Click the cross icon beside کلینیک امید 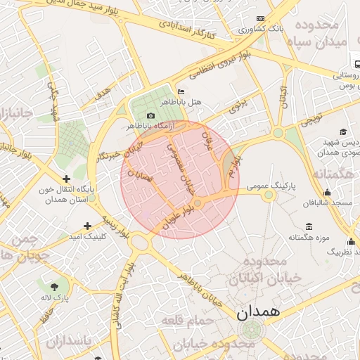click(x=87, y=226)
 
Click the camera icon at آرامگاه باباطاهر click(x=150, y=116)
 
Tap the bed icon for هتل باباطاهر click(x=181, y=92)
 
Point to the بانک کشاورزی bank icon click(x=260, y=19)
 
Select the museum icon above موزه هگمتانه click(x=309, y=226)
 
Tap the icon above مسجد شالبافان click(x=326, y=193)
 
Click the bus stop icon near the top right click(x=357, y=64)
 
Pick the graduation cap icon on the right click(x=342, y=131)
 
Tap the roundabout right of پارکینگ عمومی click(x=269, y=195)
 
